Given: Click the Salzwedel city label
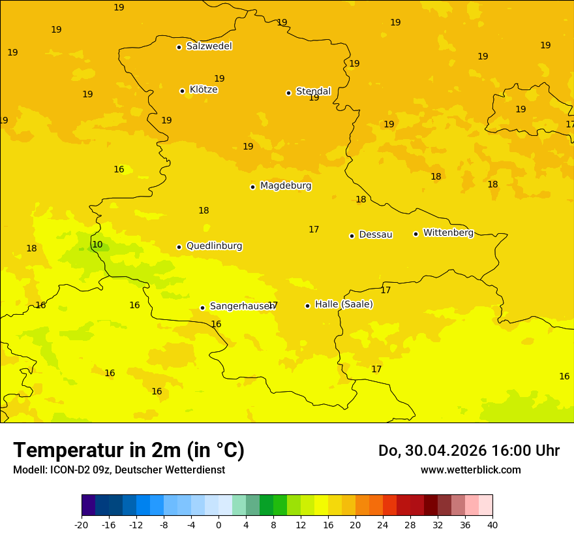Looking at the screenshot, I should pos(209,46).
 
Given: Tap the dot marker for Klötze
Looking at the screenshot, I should pos(182,91).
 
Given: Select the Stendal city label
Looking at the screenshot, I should pos(313,91).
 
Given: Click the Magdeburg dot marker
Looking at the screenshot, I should pos(252,187).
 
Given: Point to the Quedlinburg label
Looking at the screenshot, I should pos(214,246).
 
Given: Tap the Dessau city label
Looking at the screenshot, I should pos(375,234).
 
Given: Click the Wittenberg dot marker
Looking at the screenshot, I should pos(415,234).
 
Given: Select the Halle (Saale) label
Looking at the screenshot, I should pos(344,304).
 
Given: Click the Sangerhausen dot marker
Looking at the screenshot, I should pos(202,308).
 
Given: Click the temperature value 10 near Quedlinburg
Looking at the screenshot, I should pos(97,245).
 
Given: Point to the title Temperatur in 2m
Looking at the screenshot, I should pos(128,450).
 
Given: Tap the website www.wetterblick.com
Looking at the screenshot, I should pos(470,470).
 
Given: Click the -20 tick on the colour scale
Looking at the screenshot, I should pos(82,524).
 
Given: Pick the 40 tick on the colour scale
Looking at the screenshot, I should pos(492,524).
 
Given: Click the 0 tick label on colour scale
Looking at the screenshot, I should pos(219,524).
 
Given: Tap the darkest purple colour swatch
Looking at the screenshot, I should pos(88,505).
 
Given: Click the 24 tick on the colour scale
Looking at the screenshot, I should pos(383,524).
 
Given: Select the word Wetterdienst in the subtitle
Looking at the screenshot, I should pos(195,470).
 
